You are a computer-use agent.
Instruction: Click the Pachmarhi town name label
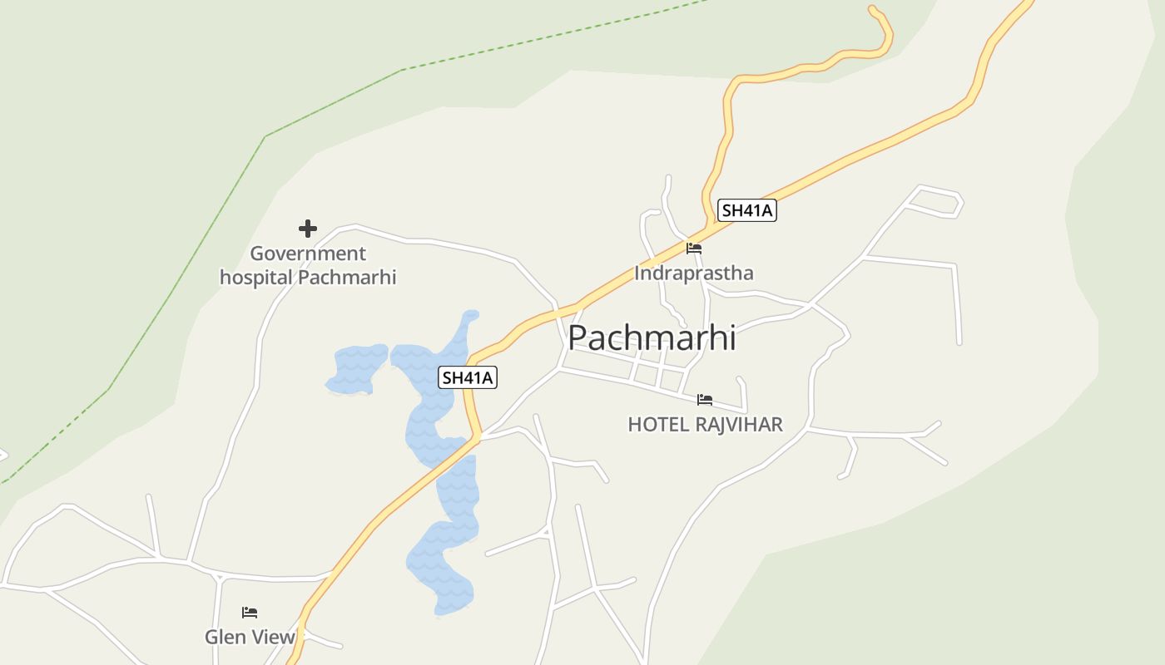[652, 338]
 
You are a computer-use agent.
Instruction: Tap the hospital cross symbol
[308, 229]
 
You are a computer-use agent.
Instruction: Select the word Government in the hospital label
[308, 254]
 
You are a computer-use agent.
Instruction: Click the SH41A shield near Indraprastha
[746, 210]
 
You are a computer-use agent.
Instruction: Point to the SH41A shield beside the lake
[468, 377]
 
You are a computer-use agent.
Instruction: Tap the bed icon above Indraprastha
[694, 248]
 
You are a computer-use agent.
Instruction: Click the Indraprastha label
[694, 273]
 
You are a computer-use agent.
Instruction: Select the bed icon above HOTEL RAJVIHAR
[705, 400]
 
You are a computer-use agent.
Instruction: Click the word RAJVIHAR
[738, 425]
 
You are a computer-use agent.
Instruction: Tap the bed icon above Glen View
[250, 613]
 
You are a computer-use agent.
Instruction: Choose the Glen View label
[250, 637]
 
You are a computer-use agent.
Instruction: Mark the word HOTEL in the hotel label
[658, 425]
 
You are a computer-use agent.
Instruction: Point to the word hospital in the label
[256, 277]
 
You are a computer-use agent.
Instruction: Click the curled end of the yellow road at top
[874, 11]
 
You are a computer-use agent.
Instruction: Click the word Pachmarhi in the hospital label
[347, 277]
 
